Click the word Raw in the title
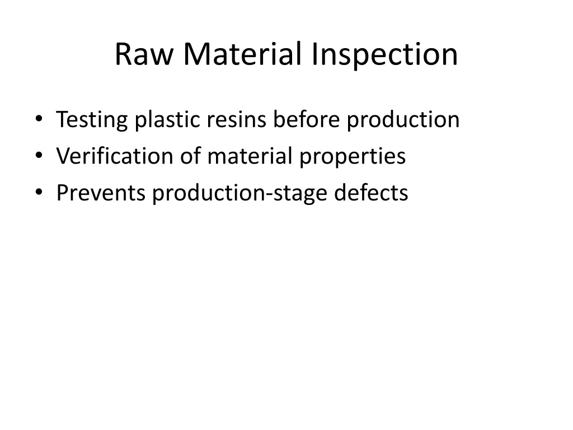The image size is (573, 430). pyautogui.click(x=144, y=54)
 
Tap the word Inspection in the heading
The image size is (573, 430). pyautogui.click(x=384, y=55)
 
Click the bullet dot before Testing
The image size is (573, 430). pyautogui.click(x=39, y=119)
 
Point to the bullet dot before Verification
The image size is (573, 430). pyautogui.click(x=39, y=155)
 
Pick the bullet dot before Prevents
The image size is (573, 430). pyautogui.click(x=39, y=191)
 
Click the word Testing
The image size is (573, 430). pyautogui.click(x=92, y=120)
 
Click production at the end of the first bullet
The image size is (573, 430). pyautogui.click(x=403, y=120)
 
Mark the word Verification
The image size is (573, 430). pyautogui.click(x=114, y=156)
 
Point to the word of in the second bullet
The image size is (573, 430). pyautogui.click(x=190, y=156)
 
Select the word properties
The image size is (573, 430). pyautogui.click(x=353, y=157)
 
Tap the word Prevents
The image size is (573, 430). pyautogui.click(x=101, y=193)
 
